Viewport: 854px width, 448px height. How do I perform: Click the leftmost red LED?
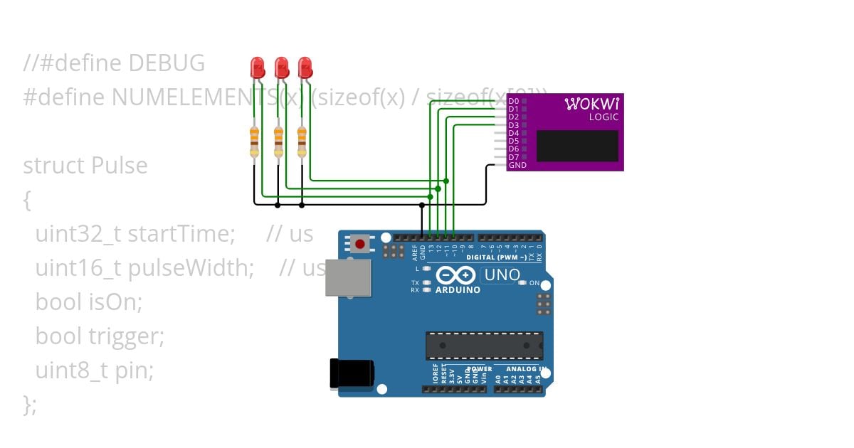coord(257,68)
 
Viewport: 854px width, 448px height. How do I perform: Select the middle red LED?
coord(281,68)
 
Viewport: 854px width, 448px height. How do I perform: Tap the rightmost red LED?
coord(305,68)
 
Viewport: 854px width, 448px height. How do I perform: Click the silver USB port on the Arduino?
coord(348,277)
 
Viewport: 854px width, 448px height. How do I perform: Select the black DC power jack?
coord(352,374)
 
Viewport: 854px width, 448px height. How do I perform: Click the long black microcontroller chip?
coord(484,346)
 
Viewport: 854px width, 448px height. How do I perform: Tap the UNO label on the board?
coord(502,274)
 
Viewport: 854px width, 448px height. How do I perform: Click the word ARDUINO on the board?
coord(457,290)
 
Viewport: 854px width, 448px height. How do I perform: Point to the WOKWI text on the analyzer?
coord(592,105)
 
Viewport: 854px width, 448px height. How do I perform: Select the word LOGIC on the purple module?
coord(603,117)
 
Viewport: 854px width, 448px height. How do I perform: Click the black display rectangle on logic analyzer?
coord(577,146)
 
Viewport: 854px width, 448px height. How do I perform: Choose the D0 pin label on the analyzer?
coord(513,101)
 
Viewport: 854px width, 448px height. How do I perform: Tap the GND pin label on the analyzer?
coord(517,165)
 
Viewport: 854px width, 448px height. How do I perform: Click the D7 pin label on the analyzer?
coord(513,157)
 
